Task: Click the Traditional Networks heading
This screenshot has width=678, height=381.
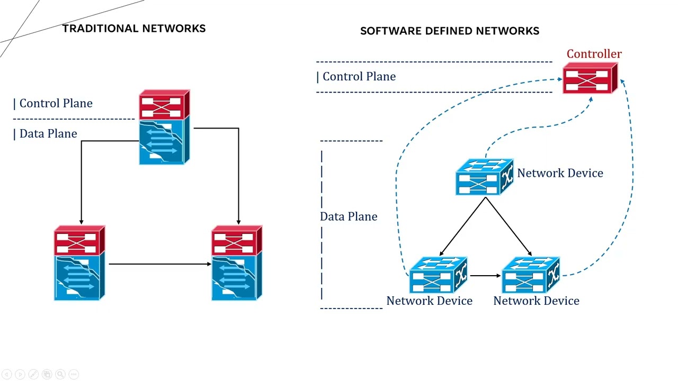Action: coord(134,29)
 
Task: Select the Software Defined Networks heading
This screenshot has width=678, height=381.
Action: coord(449,31)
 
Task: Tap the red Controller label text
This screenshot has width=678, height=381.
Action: coord(594,54)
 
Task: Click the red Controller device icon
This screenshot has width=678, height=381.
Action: coord(590,79)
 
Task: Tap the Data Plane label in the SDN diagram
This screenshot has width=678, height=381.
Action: coord(349,216)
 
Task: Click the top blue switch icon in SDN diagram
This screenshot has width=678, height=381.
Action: coord(484,177)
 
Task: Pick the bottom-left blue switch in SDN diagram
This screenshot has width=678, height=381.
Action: coord(438,275)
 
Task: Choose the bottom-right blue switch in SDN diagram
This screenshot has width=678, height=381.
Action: coord(530,275)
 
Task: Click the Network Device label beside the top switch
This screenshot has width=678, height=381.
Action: coord(560,174)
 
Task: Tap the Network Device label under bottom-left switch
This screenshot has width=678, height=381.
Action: coord(429,301)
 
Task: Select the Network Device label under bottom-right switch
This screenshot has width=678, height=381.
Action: coord(536,301)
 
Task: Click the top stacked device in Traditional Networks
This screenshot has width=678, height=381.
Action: coord(164,128)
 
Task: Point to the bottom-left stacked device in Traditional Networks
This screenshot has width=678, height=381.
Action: coord(79,264)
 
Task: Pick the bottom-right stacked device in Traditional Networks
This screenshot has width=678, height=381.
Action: coord(237,264)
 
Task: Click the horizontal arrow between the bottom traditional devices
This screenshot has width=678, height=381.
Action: coord(159,264)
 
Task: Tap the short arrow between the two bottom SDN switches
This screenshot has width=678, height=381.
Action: coord(485,276)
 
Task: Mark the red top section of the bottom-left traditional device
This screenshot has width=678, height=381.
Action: coord(79,241)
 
